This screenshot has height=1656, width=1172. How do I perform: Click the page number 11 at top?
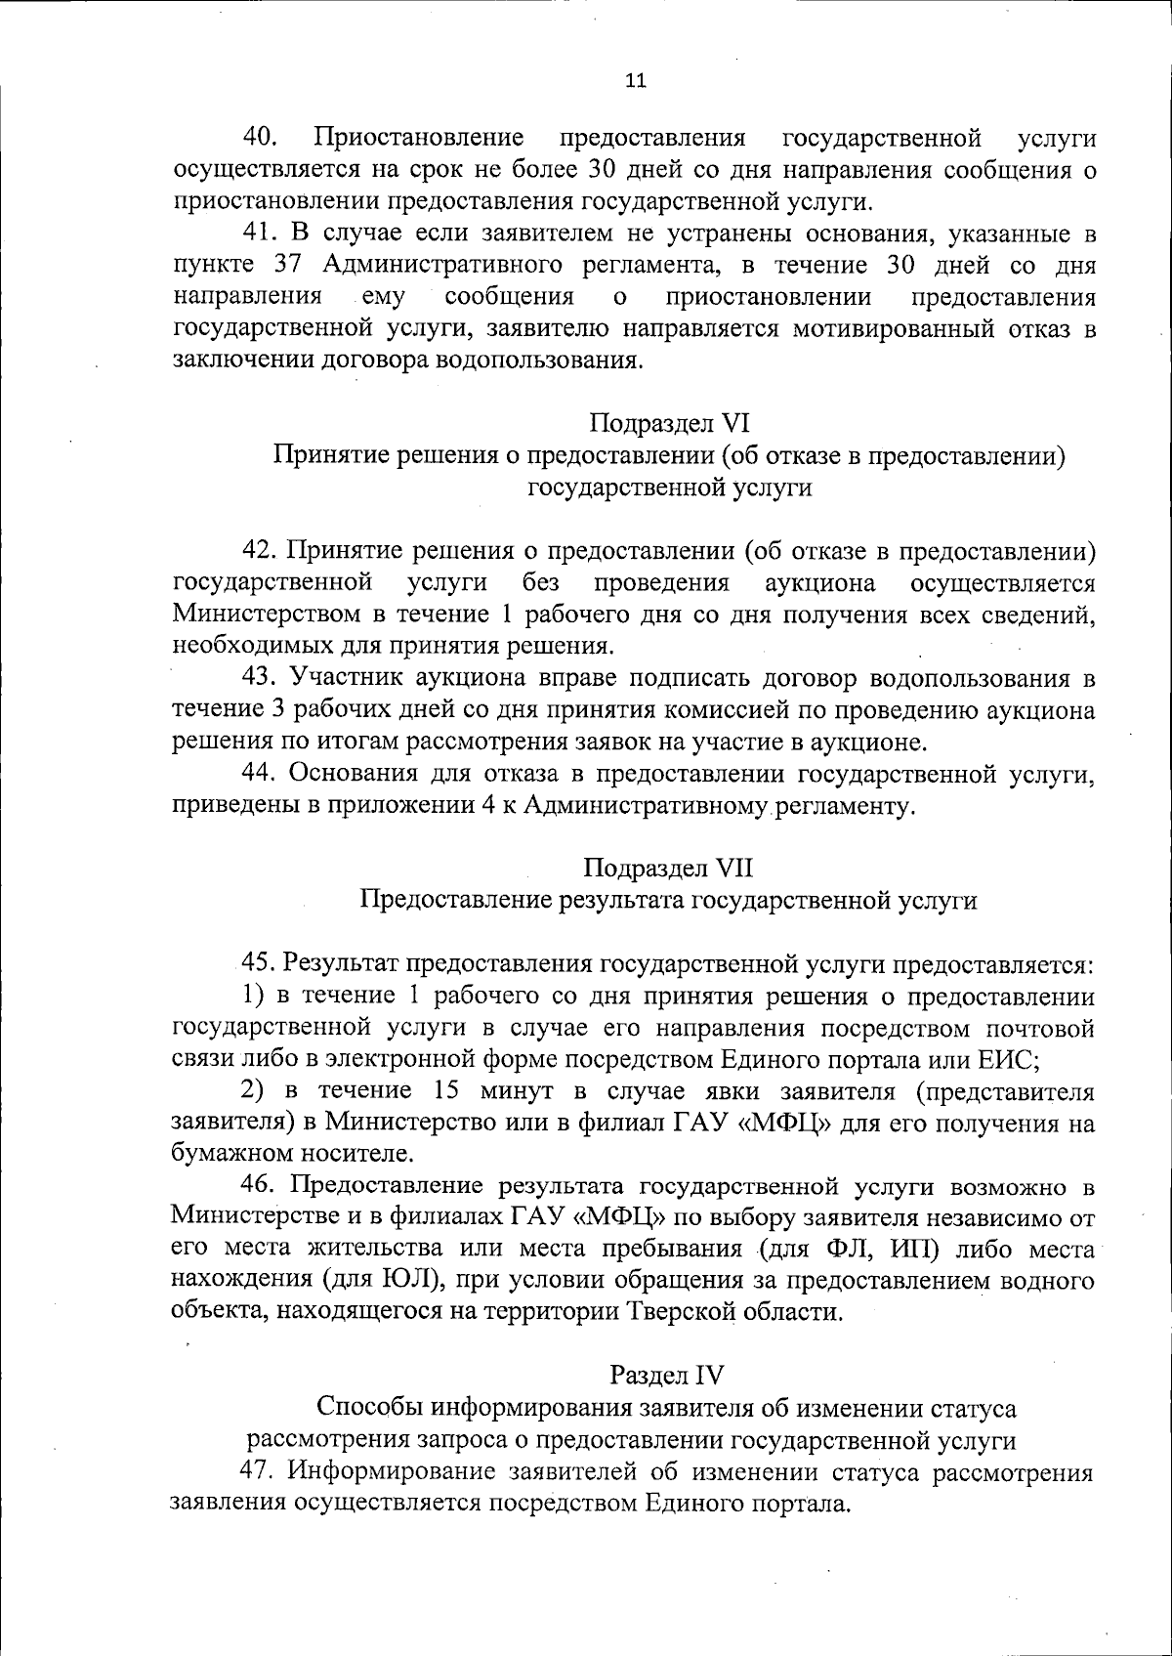635,82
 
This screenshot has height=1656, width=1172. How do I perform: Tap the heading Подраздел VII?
669,868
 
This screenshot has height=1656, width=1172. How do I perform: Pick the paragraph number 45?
261,963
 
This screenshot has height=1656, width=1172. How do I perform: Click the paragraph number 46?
261,1186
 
